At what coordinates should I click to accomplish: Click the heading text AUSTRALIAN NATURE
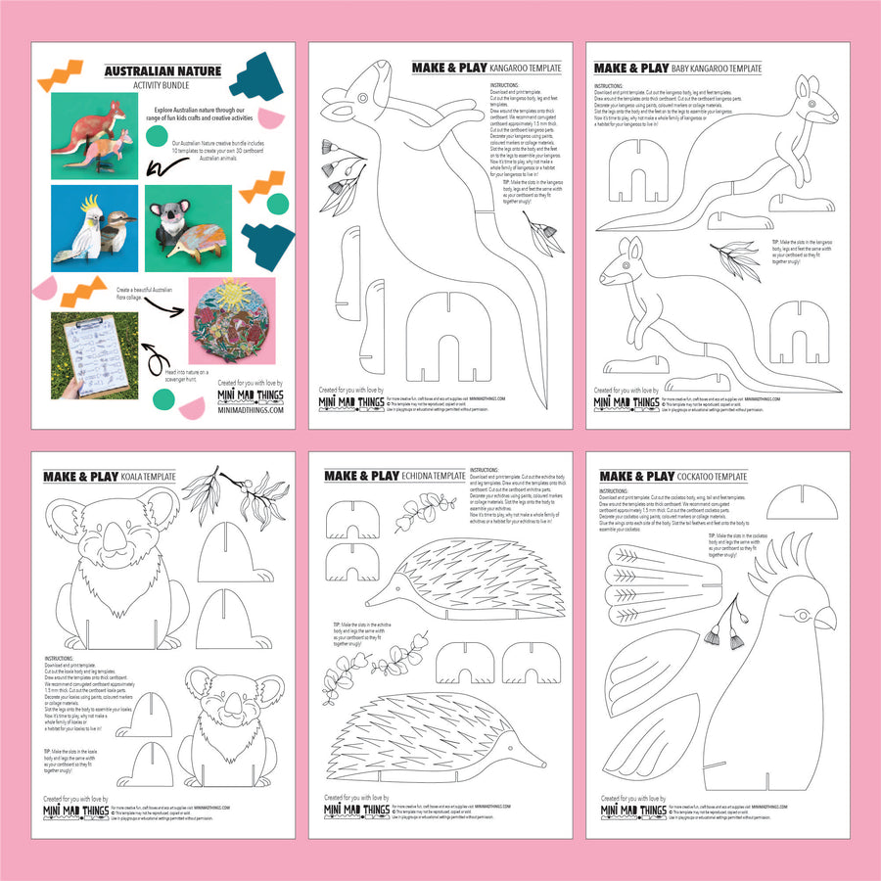point(153,70)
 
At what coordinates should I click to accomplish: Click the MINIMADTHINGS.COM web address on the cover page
point(250,410)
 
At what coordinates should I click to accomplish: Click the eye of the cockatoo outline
point(806,617)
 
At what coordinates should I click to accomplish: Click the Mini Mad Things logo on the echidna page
point(362,811)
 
